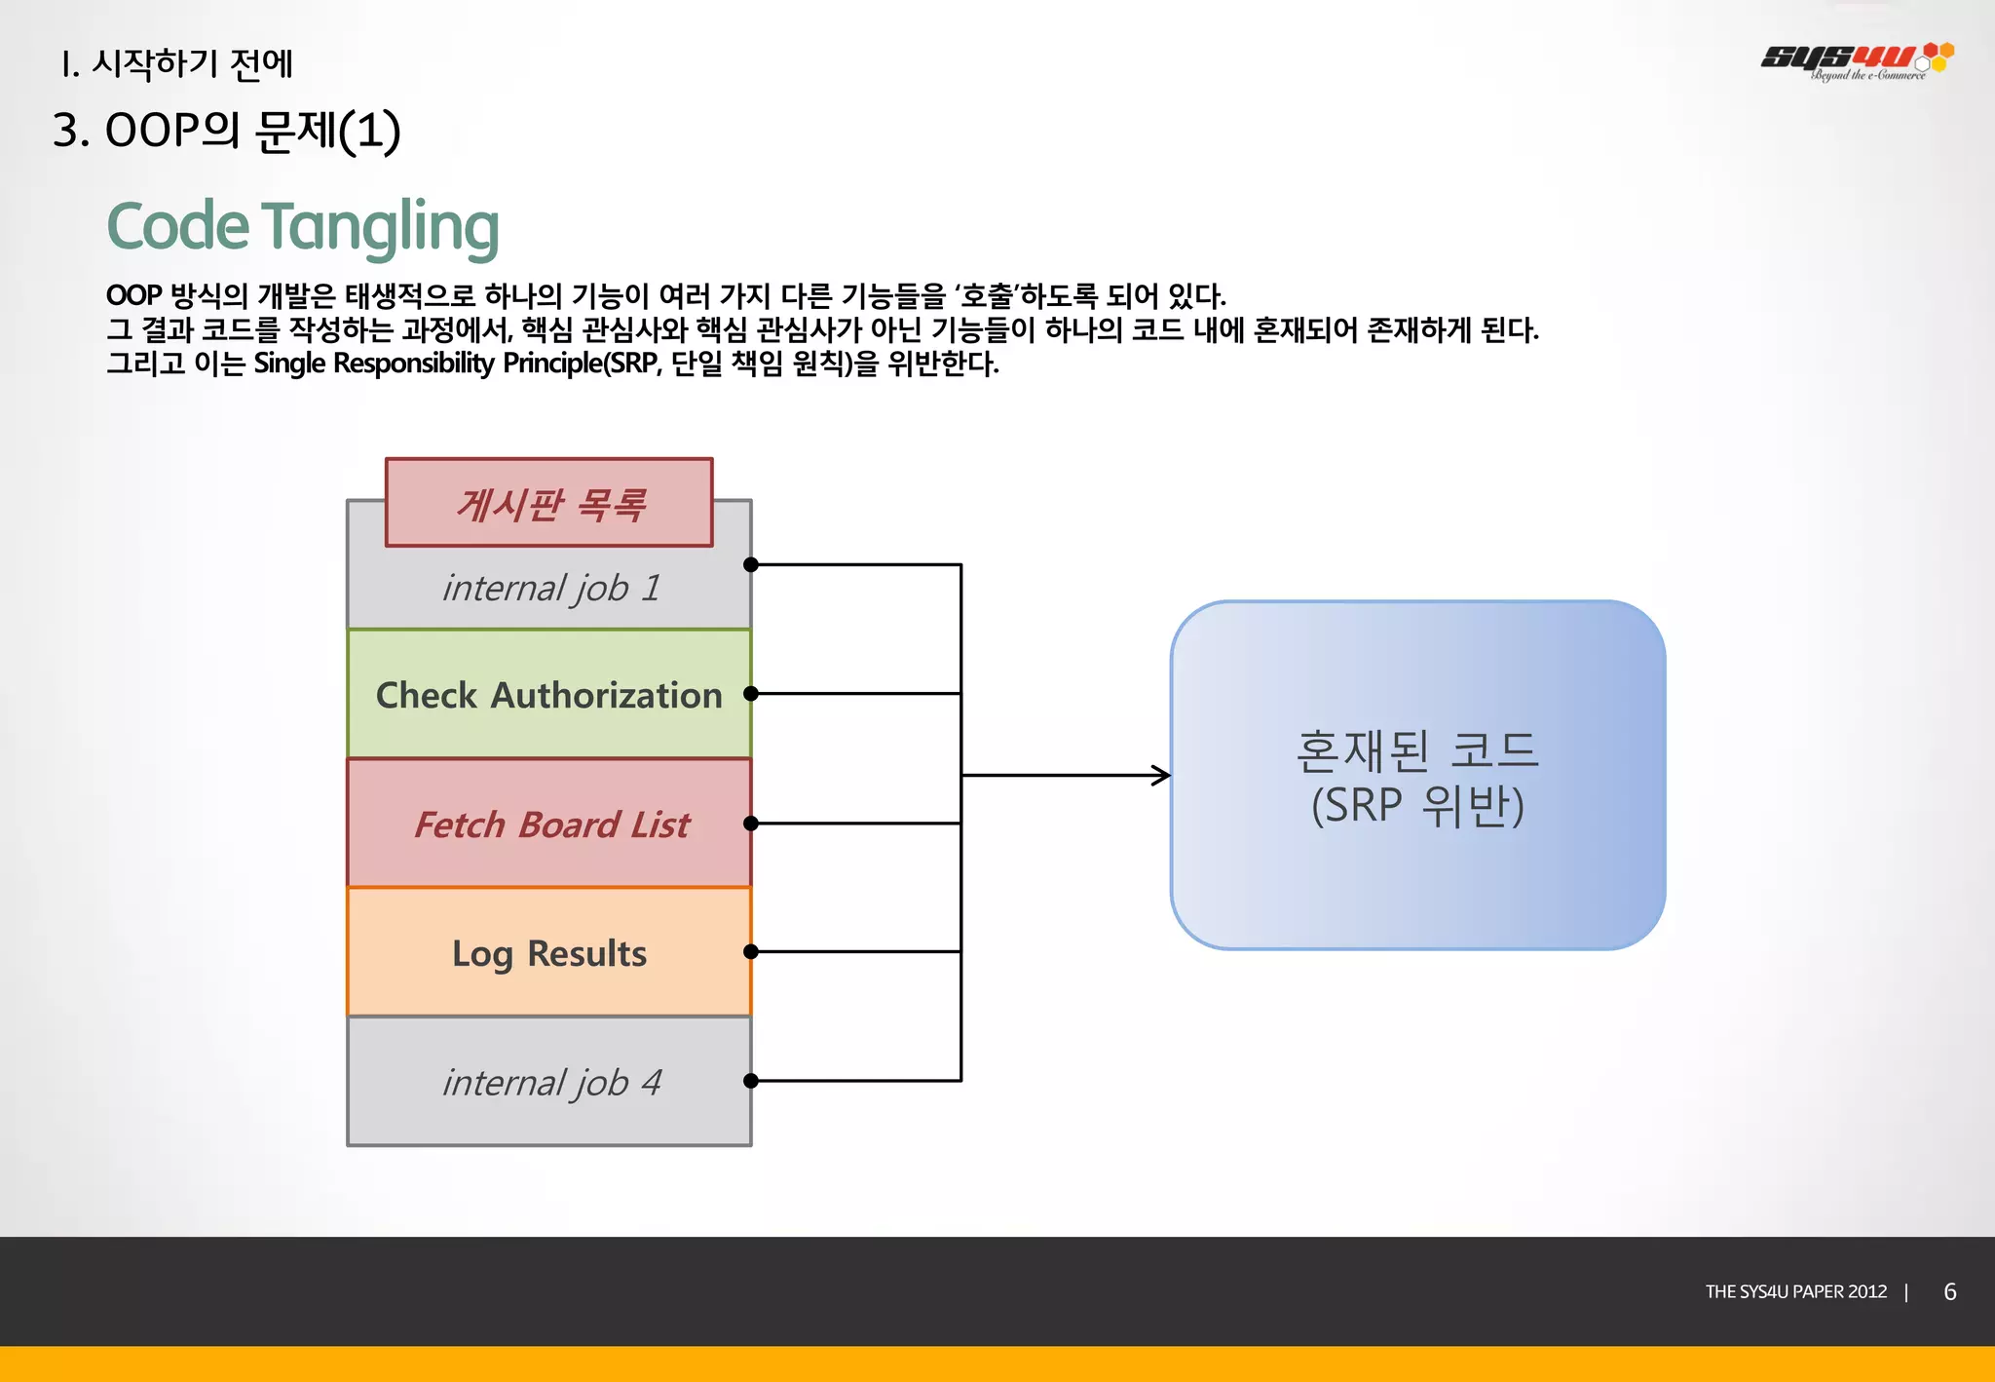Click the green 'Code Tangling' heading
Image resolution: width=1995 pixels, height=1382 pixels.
(x=302, y=226)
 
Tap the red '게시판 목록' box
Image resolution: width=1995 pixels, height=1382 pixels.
(x=548, y=503)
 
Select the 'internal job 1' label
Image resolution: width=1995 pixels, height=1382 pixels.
(x=551, y=588)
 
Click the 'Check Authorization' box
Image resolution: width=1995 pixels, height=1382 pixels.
(x=548, y=694)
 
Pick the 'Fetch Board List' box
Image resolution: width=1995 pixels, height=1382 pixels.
(x=548, y=824)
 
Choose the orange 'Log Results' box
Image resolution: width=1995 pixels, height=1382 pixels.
(x=548, y=952)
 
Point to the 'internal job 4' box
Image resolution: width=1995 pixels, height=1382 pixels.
(x=548, y=1082)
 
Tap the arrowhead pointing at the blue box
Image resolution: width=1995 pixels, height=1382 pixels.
(x=1162, y=776)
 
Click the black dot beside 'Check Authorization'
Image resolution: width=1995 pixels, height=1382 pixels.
(x=750, y=694)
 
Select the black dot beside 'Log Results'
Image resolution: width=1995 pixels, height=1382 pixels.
(x=750, y=951)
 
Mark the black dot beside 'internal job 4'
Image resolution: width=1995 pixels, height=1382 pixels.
(x=750, y=1081)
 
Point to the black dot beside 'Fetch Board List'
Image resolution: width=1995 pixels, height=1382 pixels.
(x=750, y=824)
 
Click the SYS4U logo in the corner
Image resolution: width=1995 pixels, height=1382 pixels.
(x=1856, y=60)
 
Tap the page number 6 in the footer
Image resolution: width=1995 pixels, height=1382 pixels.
(x=1949, y=1291)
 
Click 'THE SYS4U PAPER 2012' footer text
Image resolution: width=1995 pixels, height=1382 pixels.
(x=1795, y=1291)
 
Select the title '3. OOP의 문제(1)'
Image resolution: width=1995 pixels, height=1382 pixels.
(x=226, y=131)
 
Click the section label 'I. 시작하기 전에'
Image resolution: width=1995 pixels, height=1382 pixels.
(x=175, y=64)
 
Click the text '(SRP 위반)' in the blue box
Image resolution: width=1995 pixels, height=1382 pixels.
(x=1417, y=807)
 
